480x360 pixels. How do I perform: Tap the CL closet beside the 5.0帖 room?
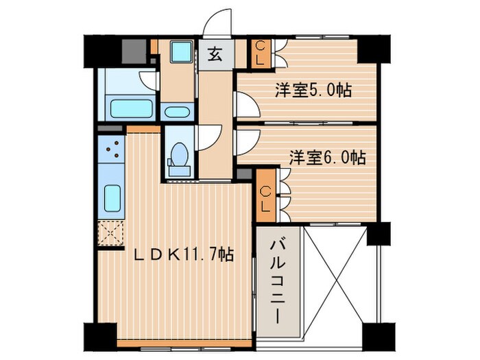(x=261, y=53)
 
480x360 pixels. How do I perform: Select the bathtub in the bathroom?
(x=131, y=109)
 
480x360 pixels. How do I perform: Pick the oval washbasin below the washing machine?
(x=179, y=112)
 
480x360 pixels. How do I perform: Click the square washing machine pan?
(x=182, y=53)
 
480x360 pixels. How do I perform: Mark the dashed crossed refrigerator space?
(x=111, y=234)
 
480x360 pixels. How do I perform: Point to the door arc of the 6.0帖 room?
(x=244, y=142)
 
